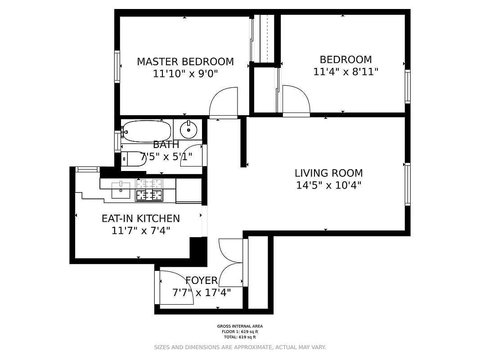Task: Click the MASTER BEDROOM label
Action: [185, 62]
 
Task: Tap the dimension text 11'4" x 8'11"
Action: [345, 72]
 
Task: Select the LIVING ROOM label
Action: [328, 173]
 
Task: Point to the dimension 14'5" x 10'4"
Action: [328, 185]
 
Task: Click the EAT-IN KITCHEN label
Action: [140, 219]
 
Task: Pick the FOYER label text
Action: [202, 281]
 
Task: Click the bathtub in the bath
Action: [147, 131]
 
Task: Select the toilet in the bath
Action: [132, 158]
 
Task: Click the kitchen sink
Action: [121, 190]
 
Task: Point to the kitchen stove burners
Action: [149, 189]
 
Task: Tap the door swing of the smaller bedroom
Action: [296, 100]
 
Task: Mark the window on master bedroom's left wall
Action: [117, 67]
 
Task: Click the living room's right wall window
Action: [408, 184]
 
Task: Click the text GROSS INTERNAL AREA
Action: [240, 326]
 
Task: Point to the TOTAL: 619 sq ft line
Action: [240, 337]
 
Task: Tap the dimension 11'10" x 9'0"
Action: [185, 74]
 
